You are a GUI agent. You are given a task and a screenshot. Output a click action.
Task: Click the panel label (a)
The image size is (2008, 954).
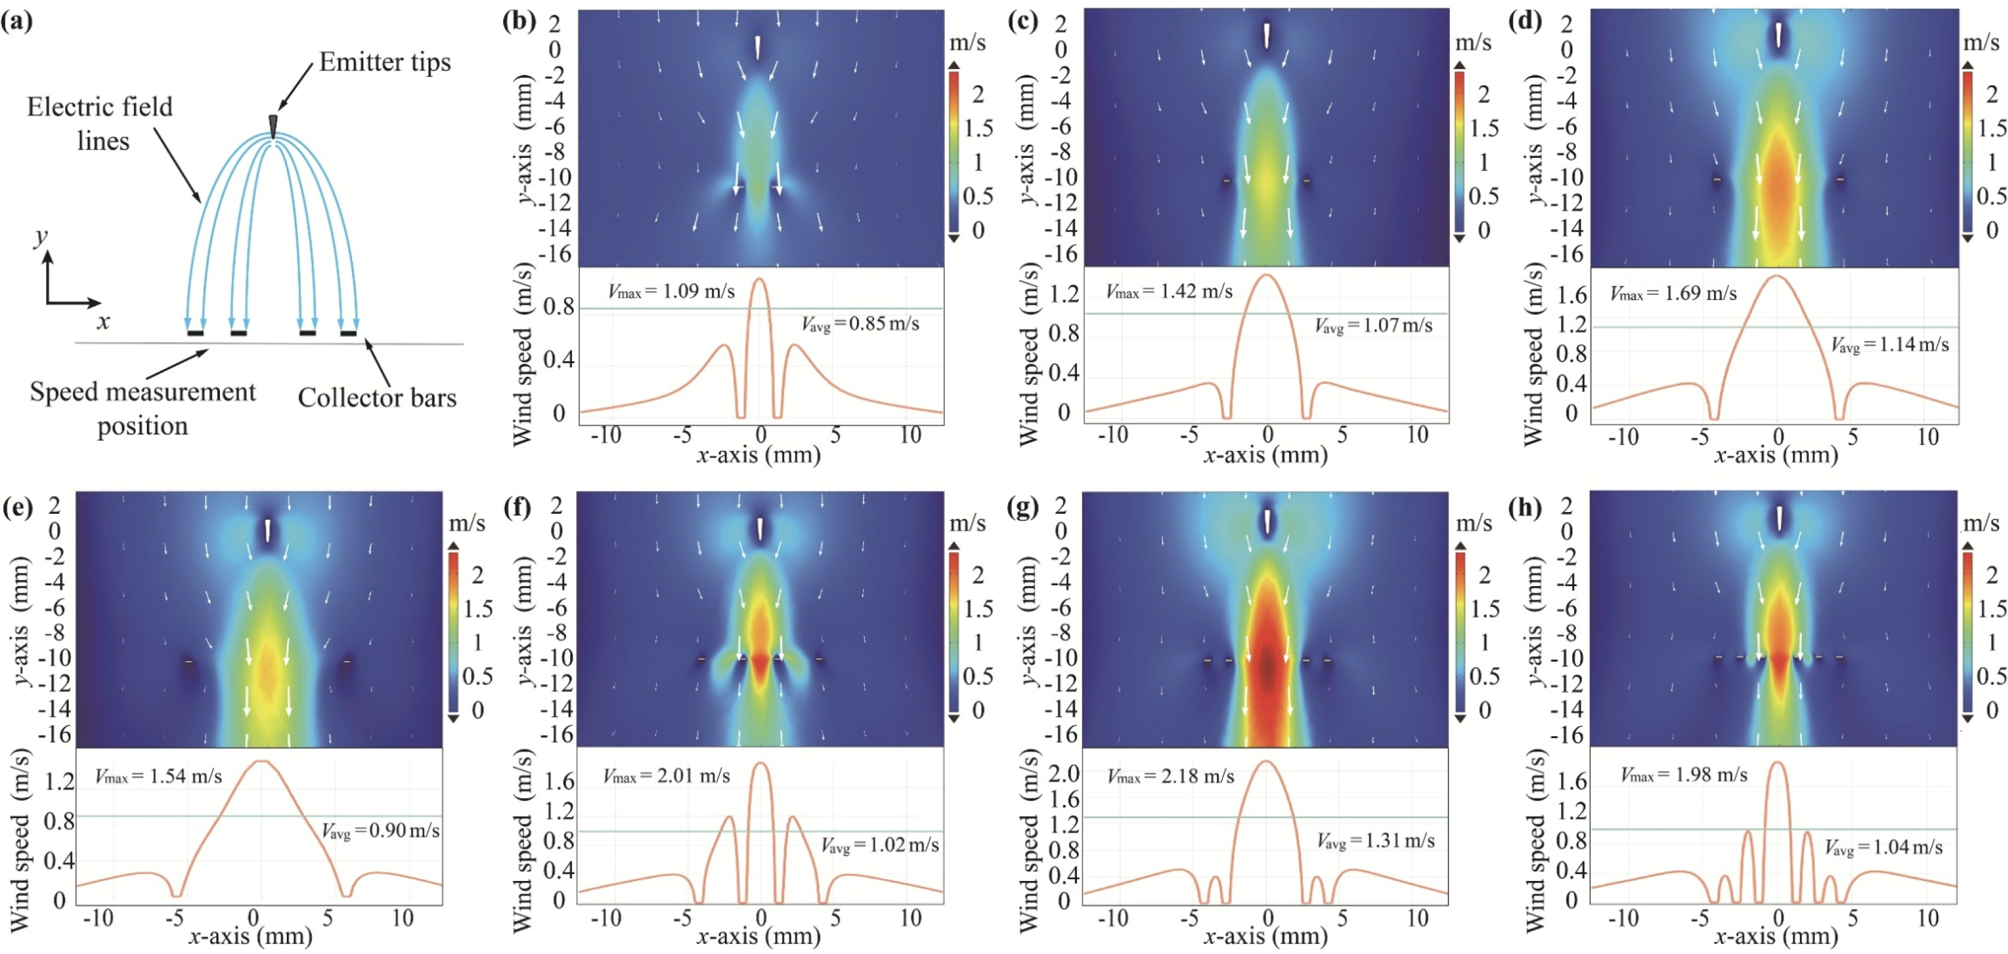17,20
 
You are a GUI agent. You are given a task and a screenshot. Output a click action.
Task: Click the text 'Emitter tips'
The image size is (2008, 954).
384,62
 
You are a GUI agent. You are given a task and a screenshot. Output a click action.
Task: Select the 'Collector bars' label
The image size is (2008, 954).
376,398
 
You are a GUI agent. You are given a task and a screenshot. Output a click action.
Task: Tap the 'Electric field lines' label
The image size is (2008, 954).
100,123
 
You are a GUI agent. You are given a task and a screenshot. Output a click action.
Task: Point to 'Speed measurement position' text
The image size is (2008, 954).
143,408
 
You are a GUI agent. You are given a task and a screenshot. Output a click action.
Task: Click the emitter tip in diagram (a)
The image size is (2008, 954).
273,126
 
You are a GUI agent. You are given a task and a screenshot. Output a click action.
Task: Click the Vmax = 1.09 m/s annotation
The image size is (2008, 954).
671,292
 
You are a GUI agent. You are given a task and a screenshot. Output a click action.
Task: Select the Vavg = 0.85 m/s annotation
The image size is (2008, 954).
860,324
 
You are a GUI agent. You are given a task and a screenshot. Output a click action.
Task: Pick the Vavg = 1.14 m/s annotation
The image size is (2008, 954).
1890,344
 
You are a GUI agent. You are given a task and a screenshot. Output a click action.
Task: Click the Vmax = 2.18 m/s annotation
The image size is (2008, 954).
1170,777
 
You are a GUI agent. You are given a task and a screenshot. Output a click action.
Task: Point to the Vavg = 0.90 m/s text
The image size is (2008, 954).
381,831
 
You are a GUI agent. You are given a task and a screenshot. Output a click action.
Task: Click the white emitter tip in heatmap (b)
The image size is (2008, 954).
757,47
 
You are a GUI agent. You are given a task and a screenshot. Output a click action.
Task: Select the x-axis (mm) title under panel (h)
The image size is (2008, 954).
1775,935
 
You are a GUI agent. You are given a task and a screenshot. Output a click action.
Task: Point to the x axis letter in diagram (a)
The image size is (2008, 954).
103,321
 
